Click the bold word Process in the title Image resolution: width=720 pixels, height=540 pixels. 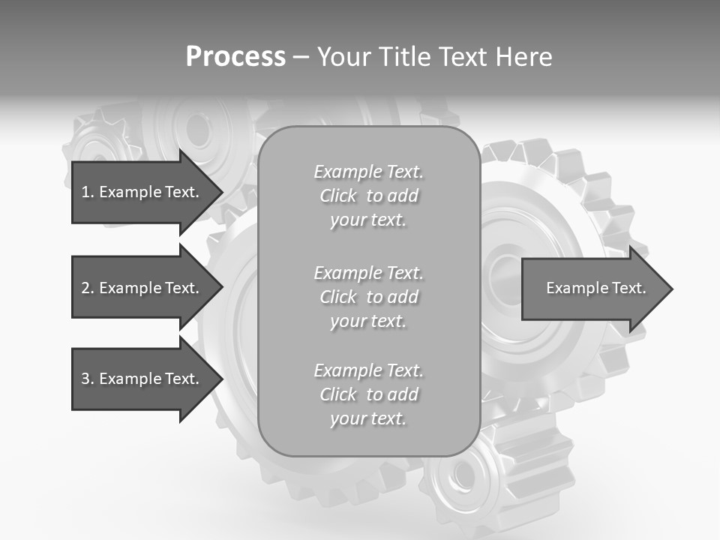point(235,57)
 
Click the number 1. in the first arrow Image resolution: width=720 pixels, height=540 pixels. point(88,192)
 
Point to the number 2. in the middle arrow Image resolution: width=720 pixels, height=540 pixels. point(88,288)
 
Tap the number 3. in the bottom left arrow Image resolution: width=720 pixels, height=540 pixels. point(88,379)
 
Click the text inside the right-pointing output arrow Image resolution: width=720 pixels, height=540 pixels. point(595,288)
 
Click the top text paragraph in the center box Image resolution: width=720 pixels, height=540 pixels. point(368,196)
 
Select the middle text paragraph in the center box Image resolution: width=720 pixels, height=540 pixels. point(368,297)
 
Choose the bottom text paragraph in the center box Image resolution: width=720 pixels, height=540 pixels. point(368,394)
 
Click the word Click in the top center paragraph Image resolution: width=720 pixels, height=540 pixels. point(338,196)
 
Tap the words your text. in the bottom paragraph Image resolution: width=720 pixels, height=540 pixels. point(368,418)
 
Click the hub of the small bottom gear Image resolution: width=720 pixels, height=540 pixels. point(463,475)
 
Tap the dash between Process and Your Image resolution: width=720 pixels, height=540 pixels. point(301,57)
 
